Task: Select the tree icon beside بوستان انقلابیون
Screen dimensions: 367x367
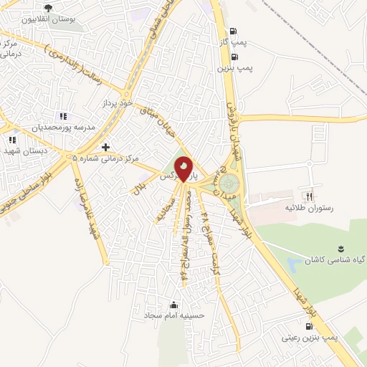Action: pyautogui.click(x=47, y=9)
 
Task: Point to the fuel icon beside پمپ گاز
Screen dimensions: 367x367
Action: pyautogui.click(x=233, y=32)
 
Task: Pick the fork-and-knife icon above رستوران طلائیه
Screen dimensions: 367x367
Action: pyautogui.click(x=310, y=196)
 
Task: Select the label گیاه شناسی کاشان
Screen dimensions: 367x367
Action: pyautogui.click(x=333, y=258)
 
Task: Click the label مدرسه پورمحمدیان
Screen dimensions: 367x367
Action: pyautogui.click(x=62, y=127)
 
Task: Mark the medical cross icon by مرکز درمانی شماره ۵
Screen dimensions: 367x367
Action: pyautogui.click(x=105, y=147)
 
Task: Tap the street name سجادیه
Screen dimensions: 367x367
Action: pyautogui.click(x=162, y=206)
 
